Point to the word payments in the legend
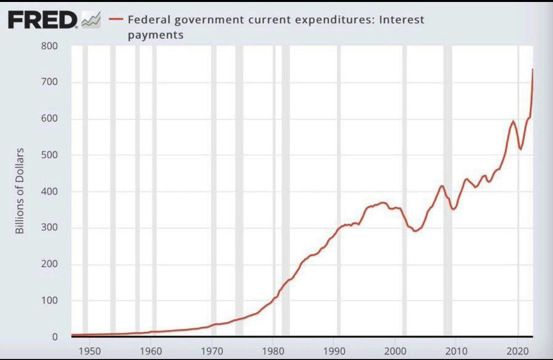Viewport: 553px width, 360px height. click(x=155, y=35)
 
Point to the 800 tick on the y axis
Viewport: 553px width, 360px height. click(x=52, y=46)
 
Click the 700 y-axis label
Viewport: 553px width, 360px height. click(x=52, y=82)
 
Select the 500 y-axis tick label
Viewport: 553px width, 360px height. click(x=52, y=155)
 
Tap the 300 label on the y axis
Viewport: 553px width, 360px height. click(x=52, y=228)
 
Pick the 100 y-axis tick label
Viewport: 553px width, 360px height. click(x=52, y=301)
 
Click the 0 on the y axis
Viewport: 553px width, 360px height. click(x=55, y=337)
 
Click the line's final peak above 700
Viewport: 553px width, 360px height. click(x=533, y=69)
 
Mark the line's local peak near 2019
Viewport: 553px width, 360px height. click(x=513, y=121)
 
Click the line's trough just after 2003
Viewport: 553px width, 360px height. click(x=415, y=230)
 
